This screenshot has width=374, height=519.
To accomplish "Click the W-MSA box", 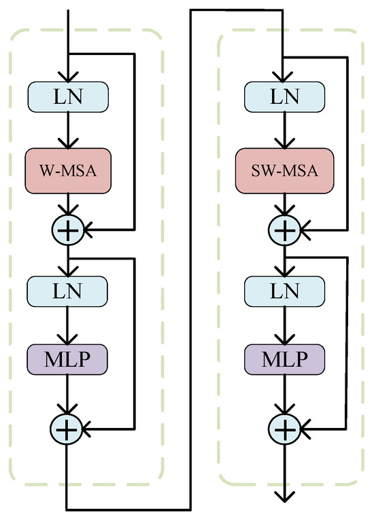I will click(x=67, y=170).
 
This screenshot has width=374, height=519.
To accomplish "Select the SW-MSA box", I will click(x=284, y=170).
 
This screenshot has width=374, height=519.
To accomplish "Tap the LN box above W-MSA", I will click(x=67, y=97).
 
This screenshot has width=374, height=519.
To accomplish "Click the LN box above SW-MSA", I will click(x=284, y=97).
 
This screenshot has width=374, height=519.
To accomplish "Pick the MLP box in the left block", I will click(x=67, y=358).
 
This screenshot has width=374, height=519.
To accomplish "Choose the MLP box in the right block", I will click(x=284, y=358).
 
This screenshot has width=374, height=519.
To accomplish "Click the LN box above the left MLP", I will click(x=67, y=291).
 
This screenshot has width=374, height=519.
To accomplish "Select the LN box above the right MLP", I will click(x=284, y=291).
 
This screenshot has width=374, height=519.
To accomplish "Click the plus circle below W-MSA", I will click(x=67, y=230).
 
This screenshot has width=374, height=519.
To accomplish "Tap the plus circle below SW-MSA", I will click(x=284, y=230).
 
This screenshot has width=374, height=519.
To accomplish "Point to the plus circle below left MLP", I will click(x=67, y=428).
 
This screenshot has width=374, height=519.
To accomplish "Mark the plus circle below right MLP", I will click(x=284, y=428).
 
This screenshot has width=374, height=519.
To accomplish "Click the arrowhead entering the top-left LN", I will click(x=67, y=77).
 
